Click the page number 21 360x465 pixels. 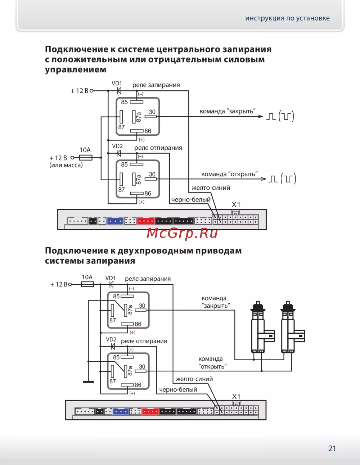pos(332,448)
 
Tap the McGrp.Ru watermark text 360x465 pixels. pos(182,233)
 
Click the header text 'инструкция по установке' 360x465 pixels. pos(287,18)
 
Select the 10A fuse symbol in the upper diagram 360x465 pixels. pos(85,158)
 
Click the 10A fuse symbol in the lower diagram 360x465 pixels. pos(87,284)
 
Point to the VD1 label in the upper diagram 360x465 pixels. pos(117,83)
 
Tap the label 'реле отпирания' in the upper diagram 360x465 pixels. pos(158,148)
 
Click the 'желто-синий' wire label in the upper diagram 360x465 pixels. pos(211,188)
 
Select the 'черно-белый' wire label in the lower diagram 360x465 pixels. pos(178,389)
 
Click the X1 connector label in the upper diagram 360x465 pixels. pos(236,204)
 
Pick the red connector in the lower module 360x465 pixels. pos(150,411)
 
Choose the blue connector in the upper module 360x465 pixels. pos(115,221)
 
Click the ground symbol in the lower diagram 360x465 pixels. pos(88,382)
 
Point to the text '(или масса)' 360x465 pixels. pos(66,165)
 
